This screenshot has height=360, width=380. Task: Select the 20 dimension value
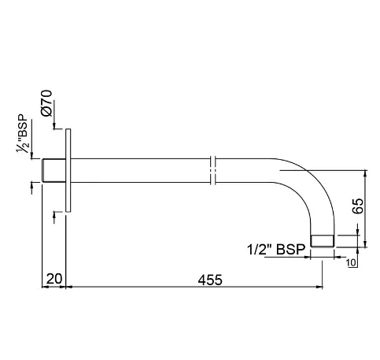point(53,279)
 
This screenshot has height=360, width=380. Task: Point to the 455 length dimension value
point(208,279)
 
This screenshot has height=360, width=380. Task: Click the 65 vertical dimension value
point(357,206)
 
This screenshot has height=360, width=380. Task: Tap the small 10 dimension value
point(351,262)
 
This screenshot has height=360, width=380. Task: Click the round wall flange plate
point(69,169)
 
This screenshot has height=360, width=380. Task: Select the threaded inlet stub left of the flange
point(53,169)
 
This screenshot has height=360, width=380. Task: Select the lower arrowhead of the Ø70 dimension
point(53,215)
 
